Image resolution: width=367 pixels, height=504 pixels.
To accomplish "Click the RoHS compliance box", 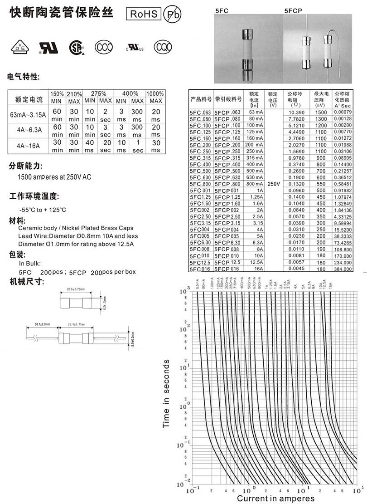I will click(144, 14).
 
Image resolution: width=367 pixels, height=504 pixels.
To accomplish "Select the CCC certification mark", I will click(103, 47).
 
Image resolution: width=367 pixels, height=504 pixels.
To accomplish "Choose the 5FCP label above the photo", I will click(294, 10).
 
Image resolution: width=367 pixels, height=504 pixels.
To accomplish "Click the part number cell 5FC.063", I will click(201, 112).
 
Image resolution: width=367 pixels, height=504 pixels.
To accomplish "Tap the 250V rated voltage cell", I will click(274, 184).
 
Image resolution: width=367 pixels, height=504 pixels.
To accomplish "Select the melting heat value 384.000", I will click(343, 269).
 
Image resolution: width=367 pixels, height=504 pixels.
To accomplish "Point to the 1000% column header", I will click(155, 93).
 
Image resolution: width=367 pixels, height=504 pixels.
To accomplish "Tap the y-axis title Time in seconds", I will click(166, 393).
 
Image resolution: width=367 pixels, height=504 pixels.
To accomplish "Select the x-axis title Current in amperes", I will click(275, 499).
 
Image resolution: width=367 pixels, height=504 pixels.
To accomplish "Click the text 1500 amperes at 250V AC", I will click(54, 177).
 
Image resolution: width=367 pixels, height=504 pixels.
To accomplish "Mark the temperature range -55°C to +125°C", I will click(43, 210).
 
